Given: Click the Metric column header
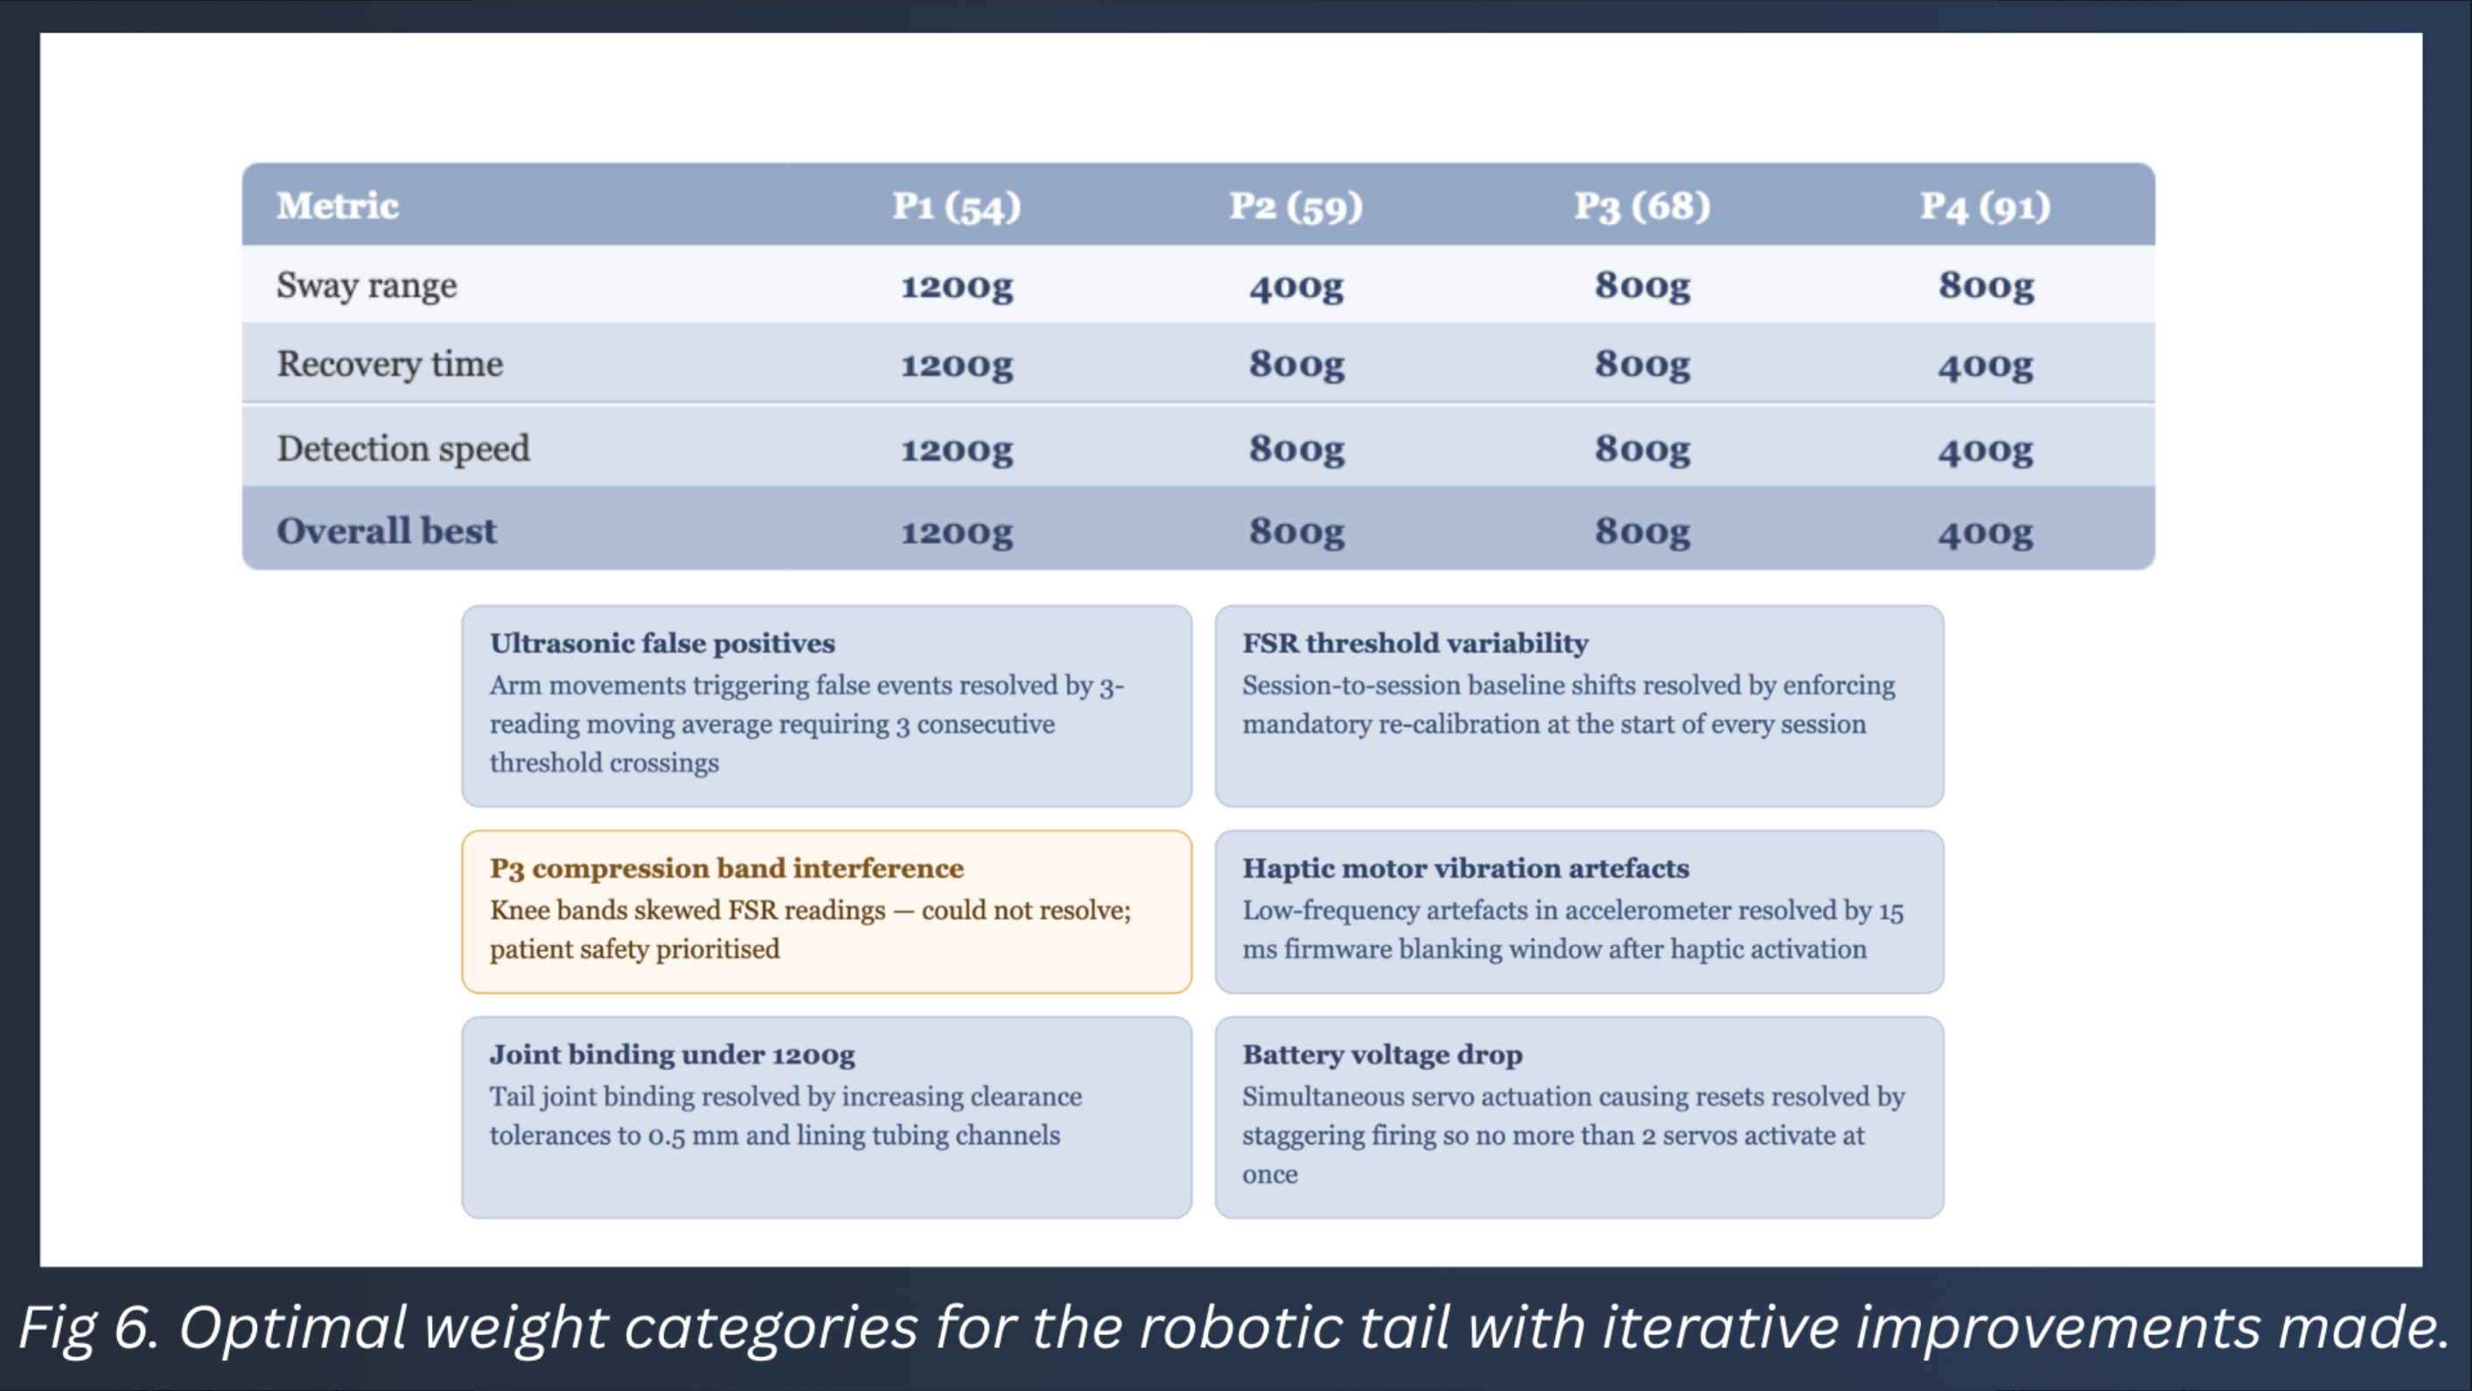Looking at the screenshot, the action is (337, 206).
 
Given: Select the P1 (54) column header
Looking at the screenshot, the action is (957, 206).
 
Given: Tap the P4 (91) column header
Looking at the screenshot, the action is (1985, 206).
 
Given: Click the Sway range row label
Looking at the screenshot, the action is (367, 286).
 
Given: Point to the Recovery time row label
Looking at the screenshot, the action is (389, 365).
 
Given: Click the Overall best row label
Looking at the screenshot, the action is (387, 531).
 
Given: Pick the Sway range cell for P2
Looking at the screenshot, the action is (1296, 286).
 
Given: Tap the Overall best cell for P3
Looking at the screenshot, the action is (1642, 532).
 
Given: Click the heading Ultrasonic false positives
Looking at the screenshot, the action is (662, 643).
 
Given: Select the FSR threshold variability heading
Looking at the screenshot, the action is (1415, 643).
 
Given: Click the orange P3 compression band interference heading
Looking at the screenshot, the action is (726, 868).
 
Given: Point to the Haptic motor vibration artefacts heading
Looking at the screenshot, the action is (1465, 868).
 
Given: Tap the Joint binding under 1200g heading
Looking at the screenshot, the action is (672, 1054).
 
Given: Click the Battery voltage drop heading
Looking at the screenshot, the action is (1382, 1054).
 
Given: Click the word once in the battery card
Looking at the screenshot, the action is (1269, 1174).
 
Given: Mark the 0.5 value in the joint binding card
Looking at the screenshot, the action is (666, 1136).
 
